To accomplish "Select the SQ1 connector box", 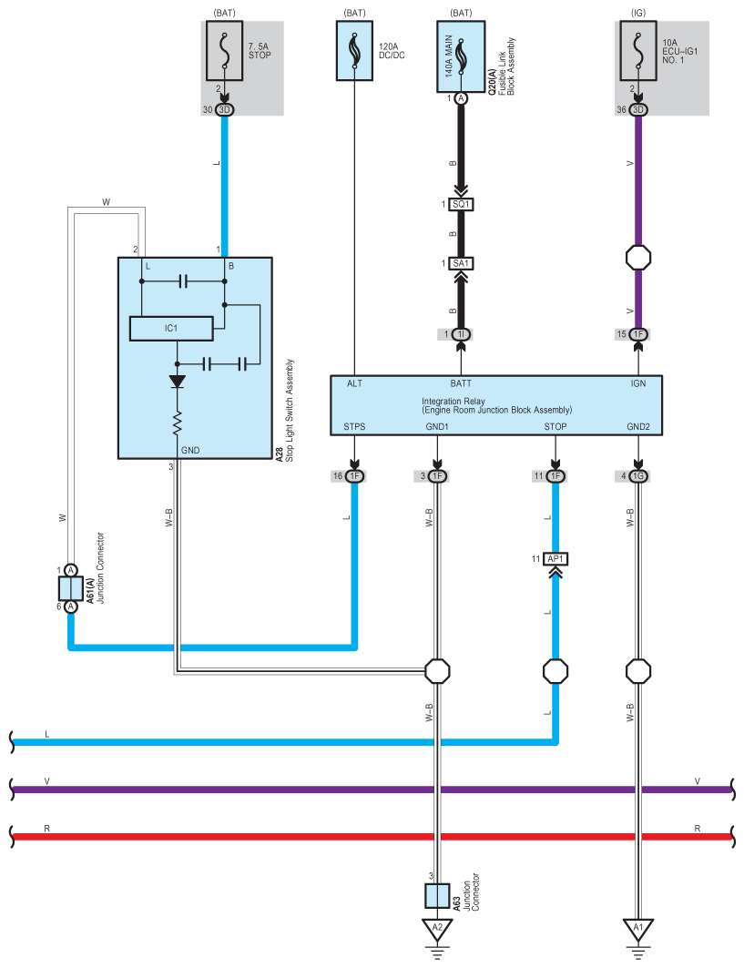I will pyautogui.click(x=461, y=204).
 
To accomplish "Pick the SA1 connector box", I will pyautogui.click(x=461, y=263).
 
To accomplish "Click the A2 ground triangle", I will pyautogui.click(x=437, y=930).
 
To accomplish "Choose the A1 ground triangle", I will pyautogui.click(x=639, y=930).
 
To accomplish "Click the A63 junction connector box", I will pyautogui.click(x=437, y=895).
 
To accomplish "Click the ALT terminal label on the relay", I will pyautogui.click(x=355, y=384).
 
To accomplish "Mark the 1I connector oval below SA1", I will pyautogui.click(x=461, y=335).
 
